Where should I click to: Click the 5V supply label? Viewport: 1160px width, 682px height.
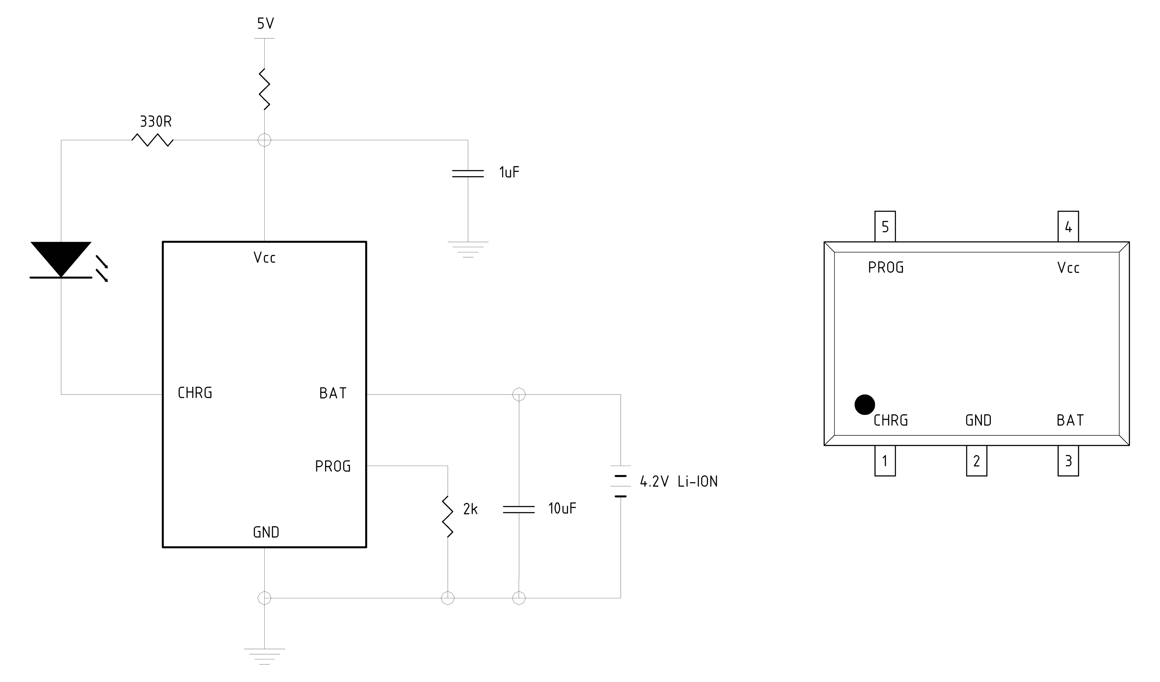click(x=266, y=24)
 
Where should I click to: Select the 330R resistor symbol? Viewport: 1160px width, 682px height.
click(x=152, y=140)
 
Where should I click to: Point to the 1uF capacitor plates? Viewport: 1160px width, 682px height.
click(x=468, y=174)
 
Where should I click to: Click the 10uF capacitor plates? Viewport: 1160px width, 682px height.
click(x=519, y=509)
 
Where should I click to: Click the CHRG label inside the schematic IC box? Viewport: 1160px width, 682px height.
click(x=195, y=393)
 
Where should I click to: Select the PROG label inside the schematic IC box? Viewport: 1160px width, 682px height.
click(x=333, y=467)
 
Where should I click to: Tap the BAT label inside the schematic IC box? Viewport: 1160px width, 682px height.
click(x=333, y=393)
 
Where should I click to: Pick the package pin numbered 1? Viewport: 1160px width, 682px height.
click(x=885, y=461)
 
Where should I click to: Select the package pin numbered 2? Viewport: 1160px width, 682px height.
click(x=976, y=461)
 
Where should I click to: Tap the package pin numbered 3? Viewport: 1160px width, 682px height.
click(x=1068, y=461)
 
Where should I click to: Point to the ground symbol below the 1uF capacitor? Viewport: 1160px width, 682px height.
click(x=468, y=249)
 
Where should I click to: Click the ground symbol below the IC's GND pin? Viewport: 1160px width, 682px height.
click(x=265, y=656)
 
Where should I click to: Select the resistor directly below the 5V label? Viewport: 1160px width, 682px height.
click(x=265, y=89)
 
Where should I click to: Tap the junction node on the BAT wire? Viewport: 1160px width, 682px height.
click(x=519, y=395)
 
